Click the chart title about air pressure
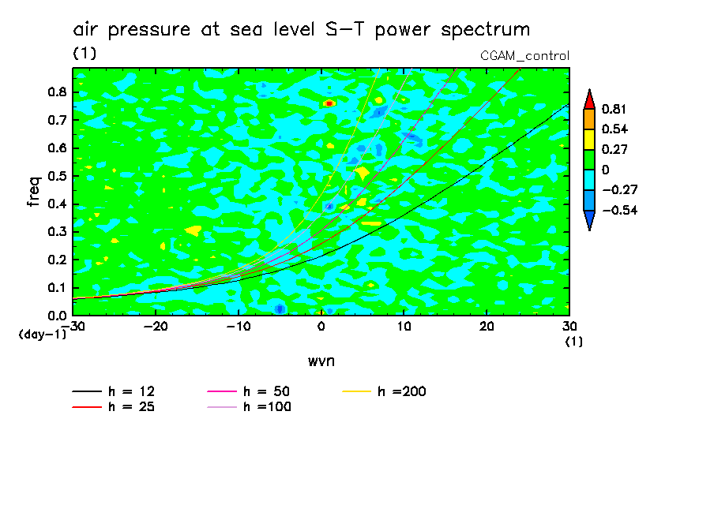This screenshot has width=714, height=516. point(301,30)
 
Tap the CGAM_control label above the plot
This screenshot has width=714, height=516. point(524,55)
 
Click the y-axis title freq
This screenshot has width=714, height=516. point(33,191)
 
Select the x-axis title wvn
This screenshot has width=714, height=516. point(321,361)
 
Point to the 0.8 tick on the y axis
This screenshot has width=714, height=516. point(56,92)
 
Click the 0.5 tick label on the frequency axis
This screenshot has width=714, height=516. point(56,176)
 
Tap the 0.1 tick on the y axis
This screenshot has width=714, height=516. point(56,288)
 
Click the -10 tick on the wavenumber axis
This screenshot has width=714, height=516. point(239,326)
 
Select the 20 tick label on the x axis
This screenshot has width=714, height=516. point(487,326)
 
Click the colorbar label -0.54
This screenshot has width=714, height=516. point(614,210)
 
